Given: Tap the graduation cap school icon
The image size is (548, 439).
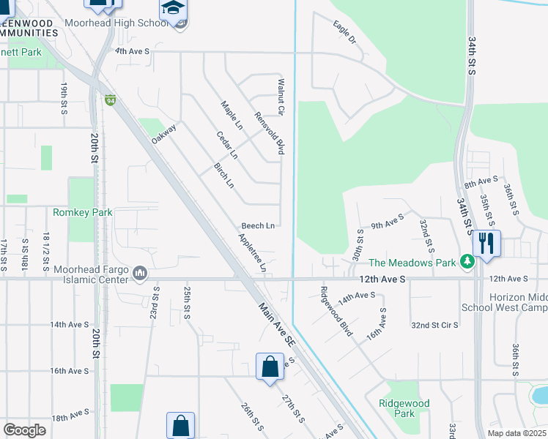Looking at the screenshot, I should click(174, 10).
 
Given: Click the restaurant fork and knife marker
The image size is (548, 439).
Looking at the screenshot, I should click(486, 242).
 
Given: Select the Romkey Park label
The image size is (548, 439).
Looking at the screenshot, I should click(82, 212).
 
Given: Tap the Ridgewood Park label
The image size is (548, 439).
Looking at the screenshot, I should click(404, 408).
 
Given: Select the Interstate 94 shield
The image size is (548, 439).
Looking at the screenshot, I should click(111, 100).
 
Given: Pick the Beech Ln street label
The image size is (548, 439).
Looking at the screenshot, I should click(259, 225).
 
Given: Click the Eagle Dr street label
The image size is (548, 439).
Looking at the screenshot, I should click(344, 34).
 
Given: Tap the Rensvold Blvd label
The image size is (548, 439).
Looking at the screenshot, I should click(269, 132).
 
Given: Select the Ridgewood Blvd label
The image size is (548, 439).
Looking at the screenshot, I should click(336, 311).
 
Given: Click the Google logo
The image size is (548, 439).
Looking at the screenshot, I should click(24, 430).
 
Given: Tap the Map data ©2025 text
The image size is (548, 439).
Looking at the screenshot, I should click(516, 433).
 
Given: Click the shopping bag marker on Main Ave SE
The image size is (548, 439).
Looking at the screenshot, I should click(270, 367).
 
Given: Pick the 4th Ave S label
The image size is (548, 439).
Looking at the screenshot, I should click(132, 51).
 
